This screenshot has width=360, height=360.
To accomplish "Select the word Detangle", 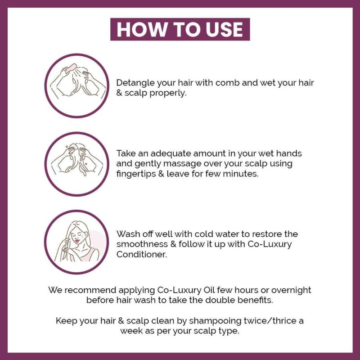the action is (135, 83).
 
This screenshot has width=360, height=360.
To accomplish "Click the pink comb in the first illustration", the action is (72, 67).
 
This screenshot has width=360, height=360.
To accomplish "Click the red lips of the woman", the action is (77, 241).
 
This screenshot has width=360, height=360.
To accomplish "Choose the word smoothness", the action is (142, 244).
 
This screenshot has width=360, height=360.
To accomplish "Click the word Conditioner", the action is (141, 254).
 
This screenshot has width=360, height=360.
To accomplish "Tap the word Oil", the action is (209, 290).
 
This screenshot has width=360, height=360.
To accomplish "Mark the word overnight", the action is (291, 290).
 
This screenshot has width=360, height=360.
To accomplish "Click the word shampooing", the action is (215, 321).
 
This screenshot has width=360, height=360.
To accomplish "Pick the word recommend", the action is (90, 290).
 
